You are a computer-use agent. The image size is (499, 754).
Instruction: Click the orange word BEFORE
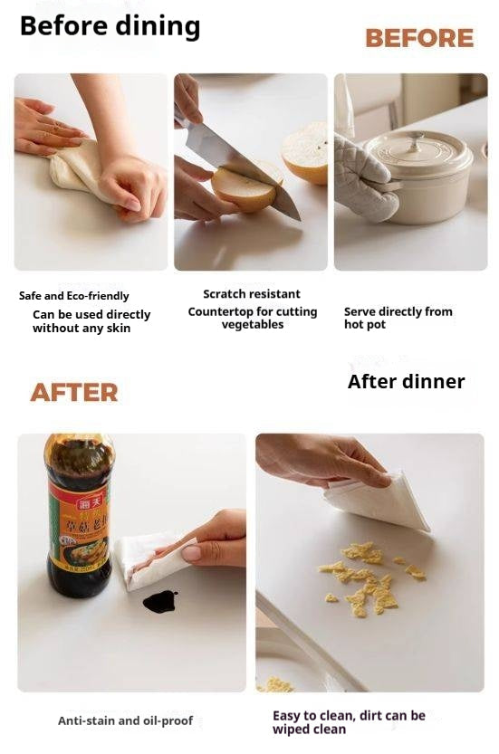(x=419, y=38)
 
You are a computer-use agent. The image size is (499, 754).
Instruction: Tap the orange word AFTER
(x=74, y=393)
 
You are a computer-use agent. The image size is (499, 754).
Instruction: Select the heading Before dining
(x=110, y=26)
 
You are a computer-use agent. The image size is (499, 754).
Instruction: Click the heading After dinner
(x=406, y=381)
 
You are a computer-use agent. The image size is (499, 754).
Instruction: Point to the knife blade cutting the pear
(x=241, y=167)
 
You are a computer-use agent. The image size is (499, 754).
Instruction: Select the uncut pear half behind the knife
(x=305, y=153)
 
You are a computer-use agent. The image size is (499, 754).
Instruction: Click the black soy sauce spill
(x=159, y=601)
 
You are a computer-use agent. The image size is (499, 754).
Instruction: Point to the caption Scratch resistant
(x=251, y=294)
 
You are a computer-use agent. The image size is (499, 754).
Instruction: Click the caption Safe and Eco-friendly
(x=74, y=296)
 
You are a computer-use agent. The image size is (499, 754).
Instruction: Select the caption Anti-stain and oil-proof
(x=125, y=721)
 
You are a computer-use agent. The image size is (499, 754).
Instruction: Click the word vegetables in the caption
(x=253, y=325)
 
